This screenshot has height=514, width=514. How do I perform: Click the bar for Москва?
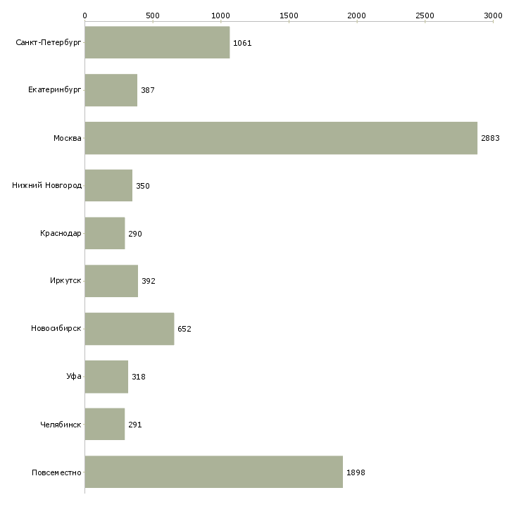coord(281,138)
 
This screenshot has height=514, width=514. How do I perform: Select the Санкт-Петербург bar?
coord(157,42)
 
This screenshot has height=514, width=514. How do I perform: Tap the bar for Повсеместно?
coord(214,472)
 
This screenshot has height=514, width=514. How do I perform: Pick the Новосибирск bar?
coord(130,329)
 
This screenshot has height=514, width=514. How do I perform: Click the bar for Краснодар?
coord(105,233)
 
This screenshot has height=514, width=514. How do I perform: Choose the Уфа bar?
coord(106,377)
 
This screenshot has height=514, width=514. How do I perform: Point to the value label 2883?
coord(490,138)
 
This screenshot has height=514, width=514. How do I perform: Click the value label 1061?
coord(242,43)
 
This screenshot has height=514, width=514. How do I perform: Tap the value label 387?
coord(148,90)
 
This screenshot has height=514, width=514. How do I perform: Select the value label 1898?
coord(356,472)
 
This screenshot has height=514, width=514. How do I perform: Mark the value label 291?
coord(135,425)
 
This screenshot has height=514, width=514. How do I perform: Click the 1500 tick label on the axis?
coord(289,15)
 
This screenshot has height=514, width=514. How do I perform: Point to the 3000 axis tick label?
coord(493,15)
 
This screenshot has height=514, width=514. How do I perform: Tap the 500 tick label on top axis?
coord(153,15)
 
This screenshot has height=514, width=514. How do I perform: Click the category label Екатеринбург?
coord(54,90)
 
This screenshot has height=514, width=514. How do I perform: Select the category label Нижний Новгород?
coord(46,186)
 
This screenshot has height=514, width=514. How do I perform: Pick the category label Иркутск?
coord(65,281)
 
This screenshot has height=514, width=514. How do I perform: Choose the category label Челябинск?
coord(61,425)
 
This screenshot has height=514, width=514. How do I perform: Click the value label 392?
coord(149,281)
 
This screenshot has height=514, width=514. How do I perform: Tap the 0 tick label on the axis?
coord(85,15)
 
